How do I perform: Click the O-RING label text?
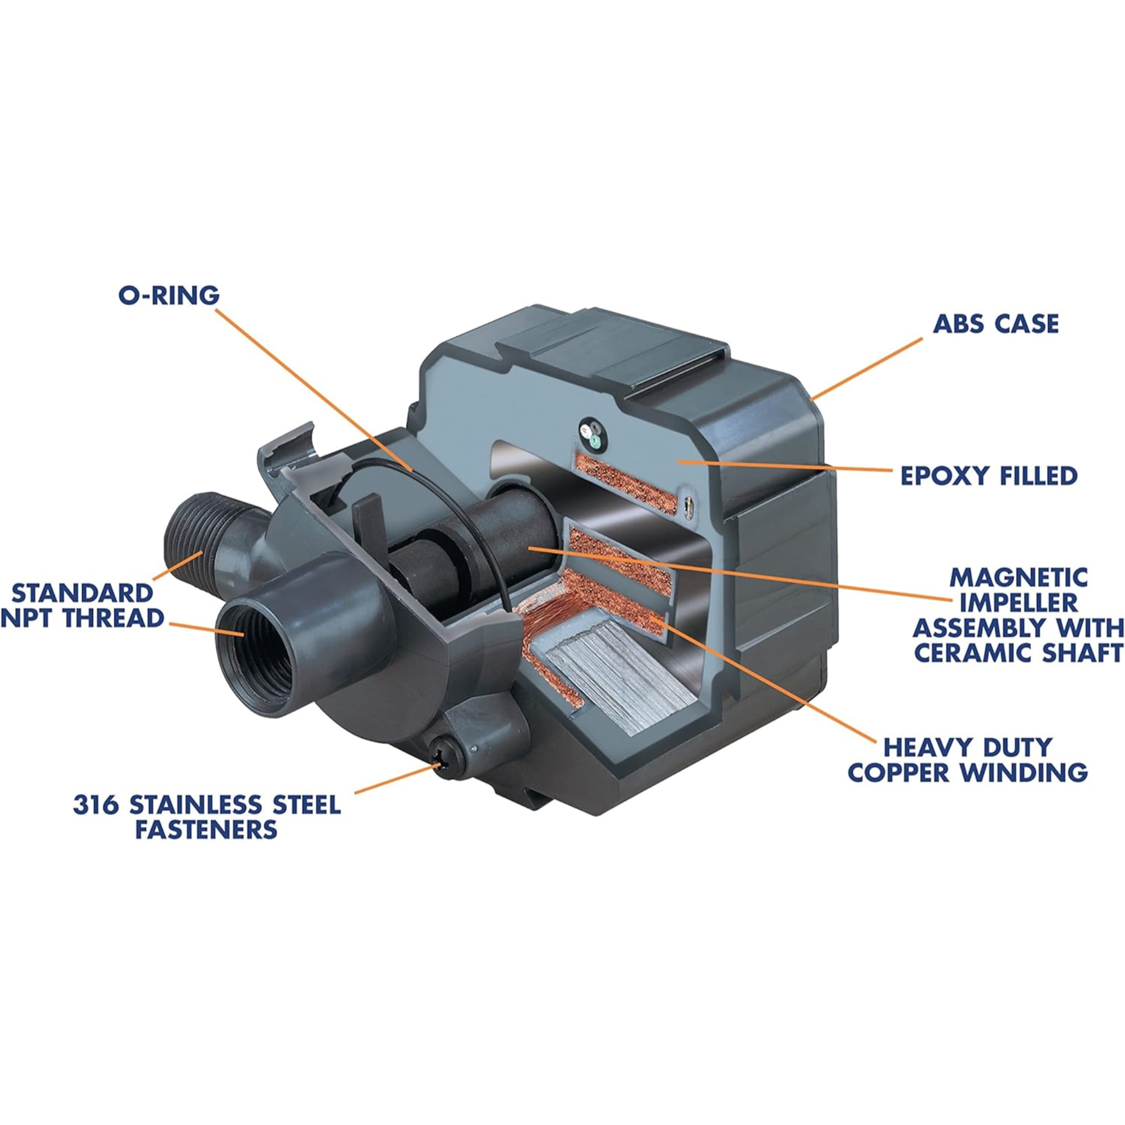point(169,295)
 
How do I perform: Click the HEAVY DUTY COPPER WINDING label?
point(967,760)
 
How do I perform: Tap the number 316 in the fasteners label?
point(96,806)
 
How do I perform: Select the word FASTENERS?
point(206,829)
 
